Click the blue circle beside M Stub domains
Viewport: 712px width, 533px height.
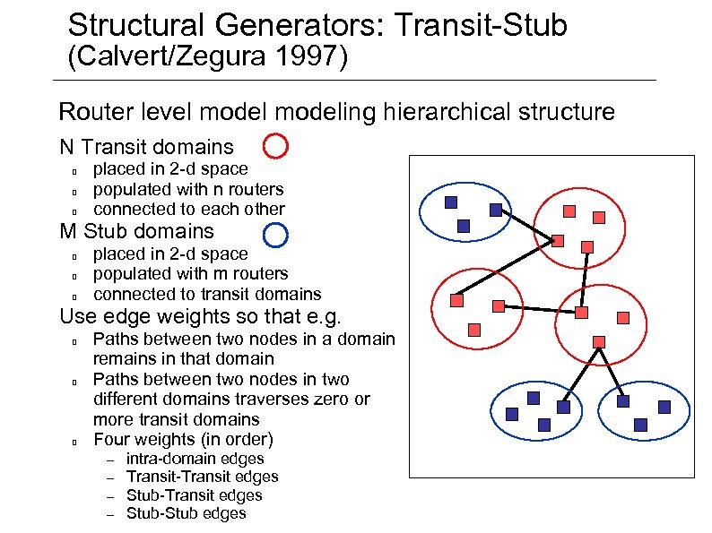pos(275,234)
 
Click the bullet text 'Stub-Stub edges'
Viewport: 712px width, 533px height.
pos(186,513)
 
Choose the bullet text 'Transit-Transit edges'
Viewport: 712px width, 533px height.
pos(202,477)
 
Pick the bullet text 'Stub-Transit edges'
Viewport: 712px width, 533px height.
pos(194,495)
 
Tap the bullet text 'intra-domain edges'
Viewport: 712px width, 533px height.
pos(195,459)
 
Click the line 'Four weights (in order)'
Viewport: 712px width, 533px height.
pos(183,439)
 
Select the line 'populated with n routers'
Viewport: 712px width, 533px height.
pos(188,189)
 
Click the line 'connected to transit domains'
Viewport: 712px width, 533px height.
pos(207,294)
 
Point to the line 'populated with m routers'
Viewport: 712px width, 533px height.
pos(190,273)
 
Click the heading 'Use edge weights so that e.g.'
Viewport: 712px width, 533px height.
pos(201,316)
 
